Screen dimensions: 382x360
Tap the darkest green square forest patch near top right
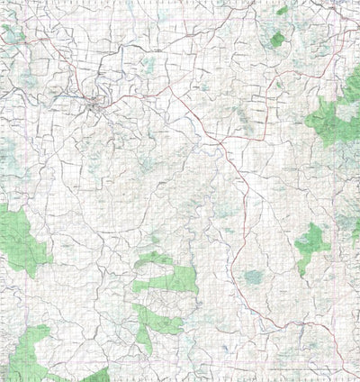click(277, 40)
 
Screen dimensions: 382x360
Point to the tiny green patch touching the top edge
click(283, 10)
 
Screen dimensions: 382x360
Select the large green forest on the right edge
click(335, 122)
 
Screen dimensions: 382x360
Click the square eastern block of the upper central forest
click(184, 282)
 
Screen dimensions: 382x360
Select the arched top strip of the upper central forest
click(155, 259)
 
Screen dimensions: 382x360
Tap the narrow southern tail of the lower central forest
click(144, 340)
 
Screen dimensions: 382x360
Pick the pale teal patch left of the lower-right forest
click(255, 277)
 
